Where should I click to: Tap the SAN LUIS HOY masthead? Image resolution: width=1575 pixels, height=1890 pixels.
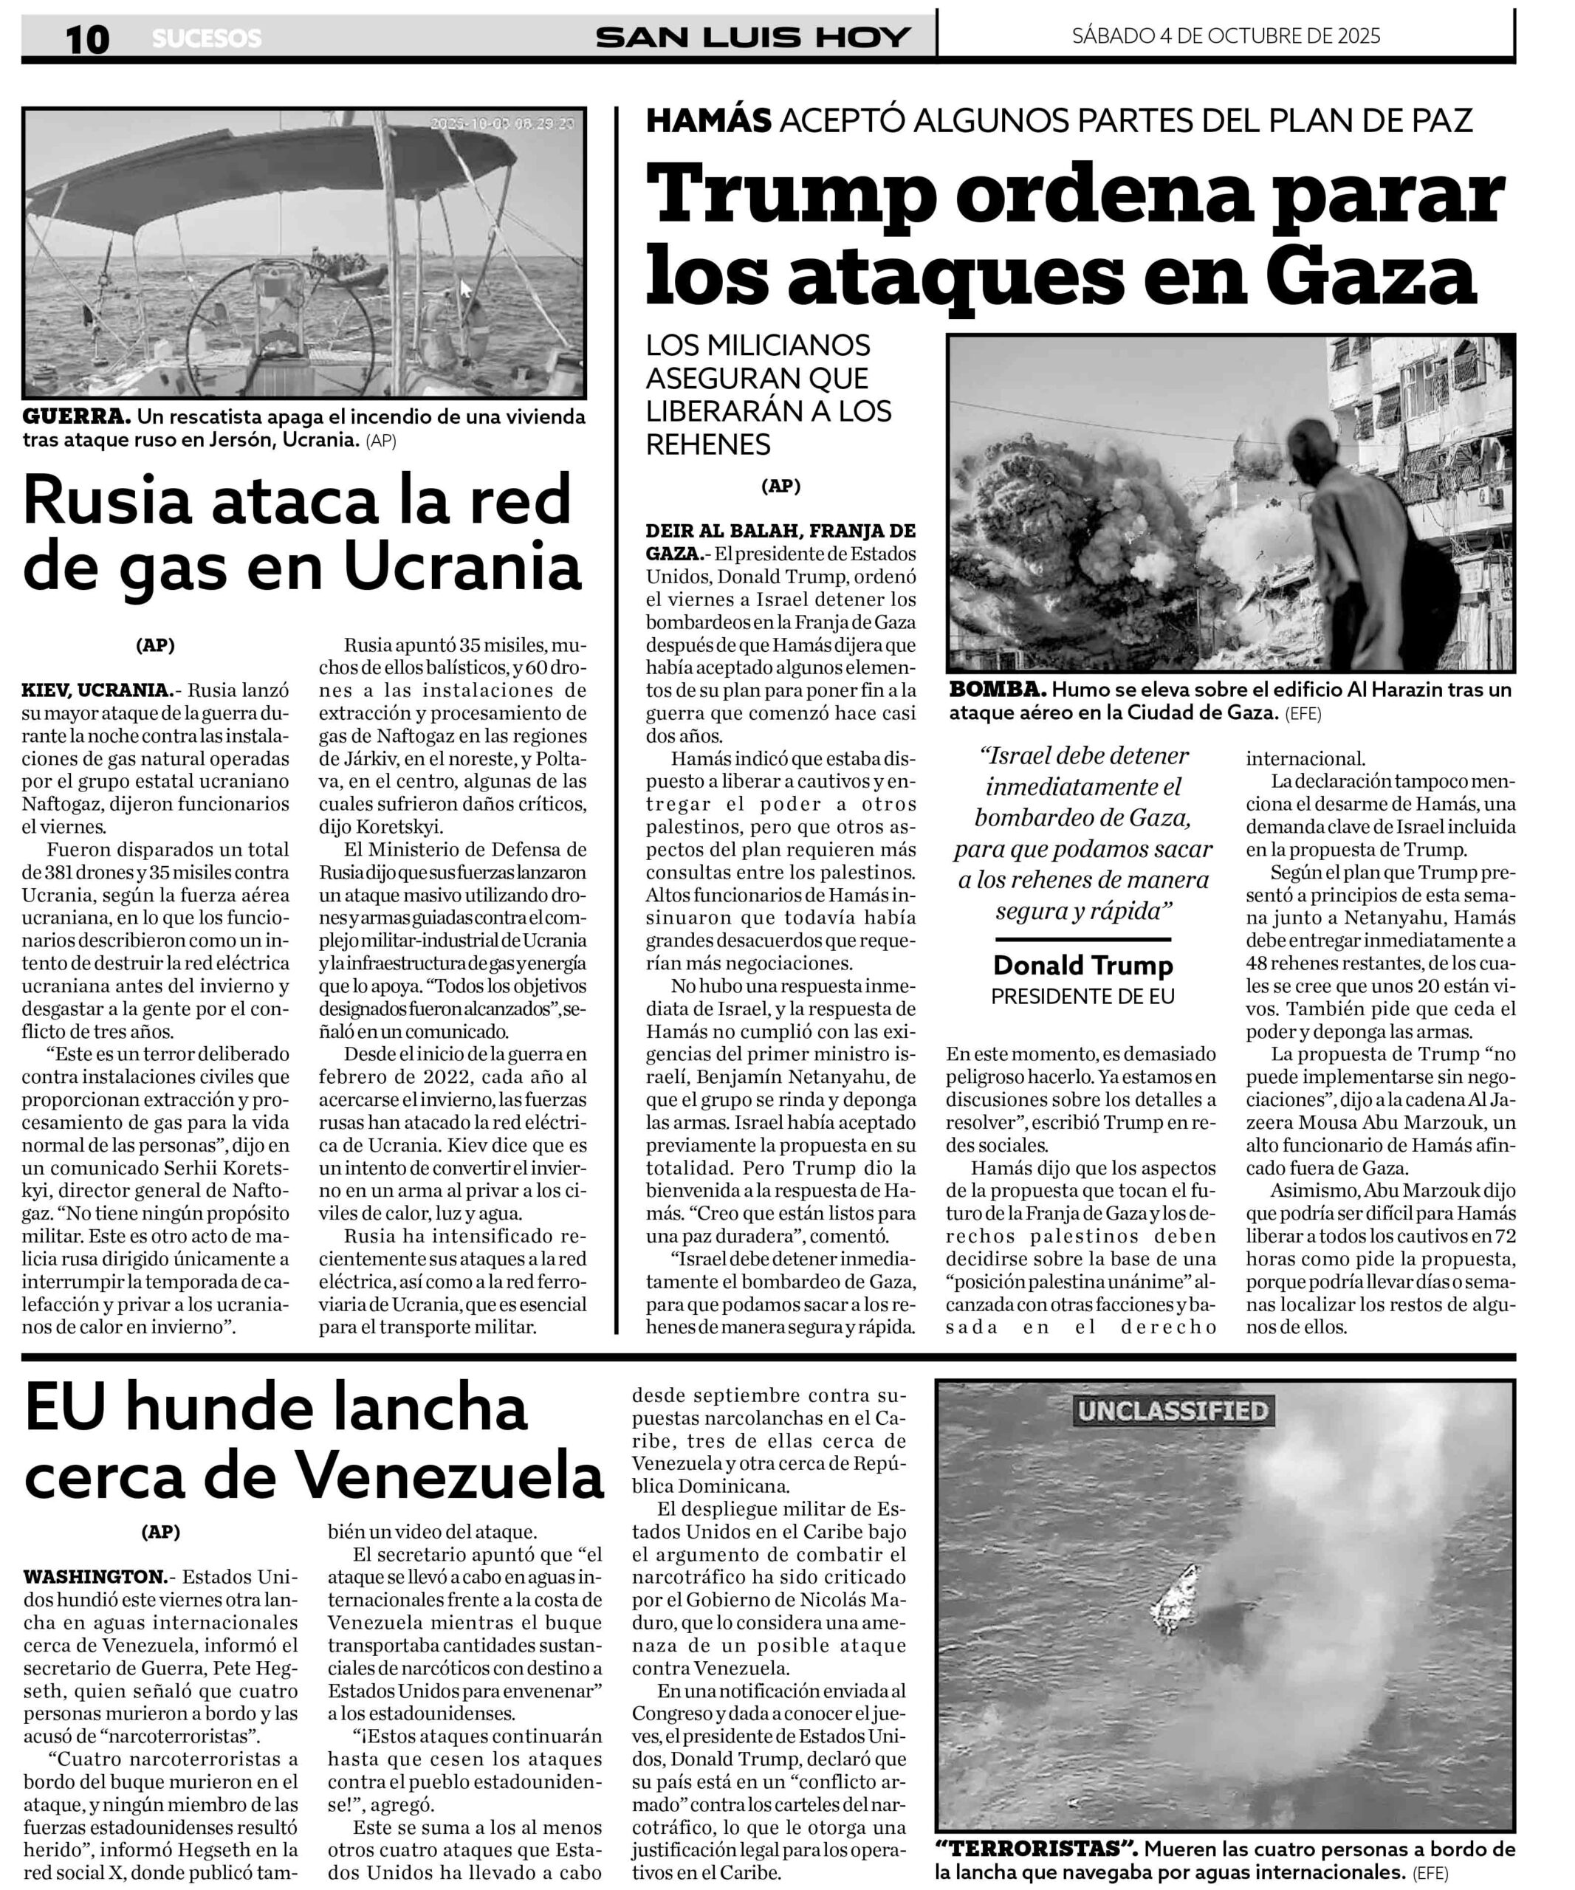pyautogui.click(x=752, y=38)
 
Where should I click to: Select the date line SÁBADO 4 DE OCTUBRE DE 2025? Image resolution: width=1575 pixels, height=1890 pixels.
pyautogui.click(x=1226, y=36)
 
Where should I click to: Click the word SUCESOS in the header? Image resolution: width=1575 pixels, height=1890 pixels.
pyautogui.click(x=206, y=38)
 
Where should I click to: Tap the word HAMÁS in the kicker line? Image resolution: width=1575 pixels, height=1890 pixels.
pyautogui.click(x=708, y=120)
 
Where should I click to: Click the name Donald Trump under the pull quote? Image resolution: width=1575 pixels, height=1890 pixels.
pyautogui.click(x=1082, y=966)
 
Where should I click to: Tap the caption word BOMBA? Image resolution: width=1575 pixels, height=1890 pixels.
pyautogui.click(x=997, y=690)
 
